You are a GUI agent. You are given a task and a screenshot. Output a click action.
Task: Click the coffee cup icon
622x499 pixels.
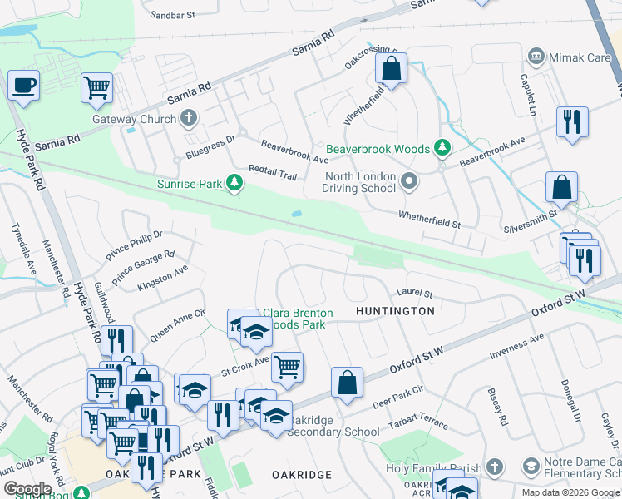[23, 85]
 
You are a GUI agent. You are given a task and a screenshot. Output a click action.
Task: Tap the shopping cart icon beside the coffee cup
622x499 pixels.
[97, 87]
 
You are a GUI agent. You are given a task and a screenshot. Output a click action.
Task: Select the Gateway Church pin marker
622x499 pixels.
[189, 119]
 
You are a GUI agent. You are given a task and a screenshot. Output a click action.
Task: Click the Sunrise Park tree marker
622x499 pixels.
[235, 183]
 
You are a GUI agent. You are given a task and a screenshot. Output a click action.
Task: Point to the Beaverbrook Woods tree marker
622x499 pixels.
[442, 149]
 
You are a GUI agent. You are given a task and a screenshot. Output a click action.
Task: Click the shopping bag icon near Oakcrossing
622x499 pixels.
[391, 69]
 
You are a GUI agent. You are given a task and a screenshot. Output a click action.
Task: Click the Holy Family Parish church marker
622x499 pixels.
[495, 468]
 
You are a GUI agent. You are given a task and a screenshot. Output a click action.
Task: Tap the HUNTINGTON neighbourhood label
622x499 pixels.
[395, 311]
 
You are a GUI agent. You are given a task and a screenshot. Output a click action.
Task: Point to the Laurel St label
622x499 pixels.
[415, 293]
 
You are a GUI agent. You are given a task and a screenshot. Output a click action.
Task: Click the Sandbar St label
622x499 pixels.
[173, 15]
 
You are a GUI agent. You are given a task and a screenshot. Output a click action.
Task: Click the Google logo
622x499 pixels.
[27, 489]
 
